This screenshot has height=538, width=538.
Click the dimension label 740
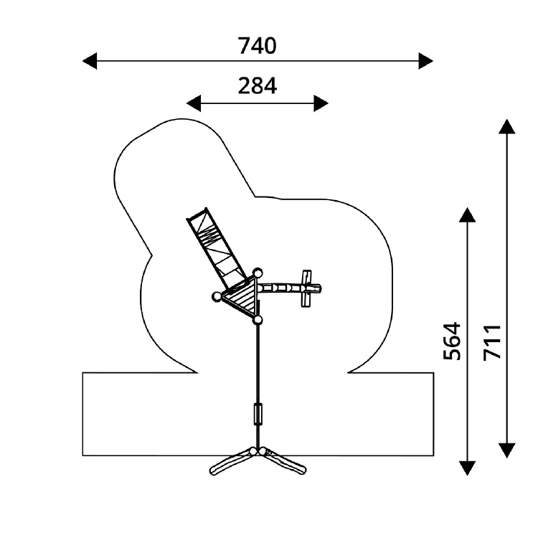257,46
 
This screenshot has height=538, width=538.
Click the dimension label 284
257,86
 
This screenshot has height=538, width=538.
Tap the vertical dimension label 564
452,341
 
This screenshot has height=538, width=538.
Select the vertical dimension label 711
492,342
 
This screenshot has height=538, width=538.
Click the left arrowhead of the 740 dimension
90,61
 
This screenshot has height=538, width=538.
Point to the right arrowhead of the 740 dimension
426,61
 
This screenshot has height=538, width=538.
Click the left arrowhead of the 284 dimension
194,103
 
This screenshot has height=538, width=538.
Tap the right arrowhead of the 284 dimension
321,103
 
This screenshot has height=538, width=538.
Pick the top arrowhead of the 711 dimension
506,126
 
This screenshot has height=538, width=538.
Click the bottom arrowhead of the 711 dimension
506,450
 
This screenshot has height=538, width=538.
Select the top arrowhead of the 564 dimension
467,214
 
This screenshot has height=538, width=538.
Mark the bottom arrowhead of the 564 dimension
467,468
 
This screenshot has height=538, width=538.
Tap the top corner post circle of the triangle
258,273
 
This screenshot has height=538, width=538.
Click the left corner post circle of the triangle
217,296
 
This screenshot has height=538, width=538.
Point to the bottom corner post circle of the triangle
258,320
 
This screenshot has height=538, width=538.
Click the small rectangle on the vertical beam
258,414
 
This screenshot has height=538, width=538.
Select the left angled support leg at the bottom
232,462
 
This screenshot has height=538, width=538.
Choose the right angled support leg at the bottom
283,461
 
